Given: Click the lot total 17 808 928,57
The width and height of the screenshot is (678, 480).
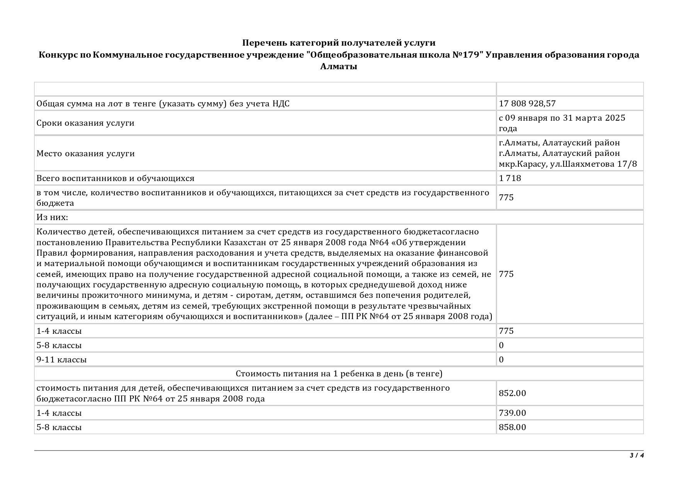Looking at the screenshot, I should (527, 104).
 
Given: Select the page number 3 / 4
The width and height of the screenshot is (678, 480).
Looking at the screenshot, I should (637, 455).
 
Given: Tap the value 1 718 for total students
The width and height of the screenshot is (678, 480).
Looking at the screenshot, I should (510, 178).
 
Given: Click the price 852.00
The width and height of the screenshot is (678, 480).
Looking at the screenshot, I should (512, 393).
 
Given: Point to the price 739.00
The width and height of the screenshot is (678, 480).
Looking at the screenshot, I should (512, 413).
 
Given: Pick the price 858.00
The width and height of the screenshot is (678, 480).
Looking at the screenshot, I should (512, 427).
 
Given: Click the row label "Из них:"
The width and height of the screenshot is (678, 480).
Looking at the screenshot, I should (52, 217).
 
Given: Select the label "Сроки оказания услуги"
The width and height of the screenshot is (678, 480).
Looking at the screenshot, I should (85, 123).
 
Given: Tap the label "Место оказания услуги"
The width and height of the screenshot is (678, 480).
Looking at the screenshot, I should (85, 154).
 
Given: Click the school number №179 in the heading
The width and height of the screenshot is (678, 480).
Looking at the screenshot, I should (468, 55).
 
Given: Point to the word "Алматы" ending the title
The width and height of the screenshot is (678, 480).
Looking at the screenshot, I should (338, 67).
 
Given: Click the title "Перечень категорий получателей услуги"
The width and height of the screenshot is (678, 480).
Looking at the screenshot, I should (338, 43).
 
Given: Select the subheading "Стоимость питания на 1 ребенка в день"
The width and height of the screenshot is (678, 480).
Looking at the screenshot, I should (338, 374).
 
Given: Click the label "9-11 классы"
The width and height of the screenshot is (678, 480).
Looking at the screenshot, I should (61, 360).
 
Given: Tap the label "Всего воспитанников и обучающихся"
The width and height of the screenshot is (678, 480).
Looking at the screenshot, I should (115, 178).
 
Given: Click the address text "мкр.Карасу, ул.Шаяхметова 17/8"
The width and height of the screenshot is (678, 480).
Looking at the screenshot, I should (568, 164).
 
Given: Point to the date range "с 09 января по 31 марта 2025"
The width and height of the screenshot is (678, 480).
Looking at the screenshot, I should (562, 118).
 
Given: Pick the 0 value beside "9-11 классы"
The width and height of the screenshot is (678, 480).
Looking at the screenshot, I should (501, 360).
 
